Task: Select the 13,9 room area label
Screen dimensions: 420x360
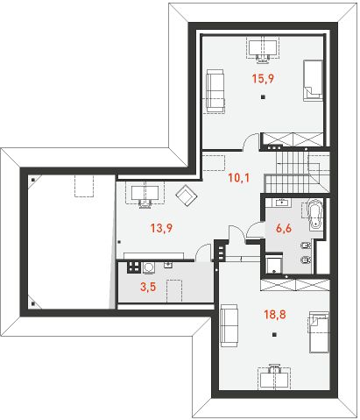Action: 159,229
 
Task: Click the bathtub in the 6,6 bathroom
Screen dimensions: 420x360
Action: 314,215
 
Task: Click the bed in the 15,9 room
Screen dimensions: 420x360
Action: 313,80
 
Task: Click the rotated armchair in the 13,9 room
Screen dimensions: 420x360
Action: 186,196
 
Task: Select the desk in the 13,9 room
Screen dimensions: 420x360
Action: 140,191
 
